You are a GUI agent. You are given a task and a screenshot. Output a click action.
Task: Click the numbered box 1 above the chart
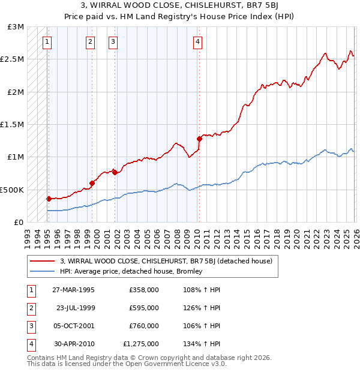tap(47, 41)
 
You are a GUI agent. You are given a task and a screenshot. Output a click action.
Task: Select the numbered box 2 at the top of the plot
tap(90, 41)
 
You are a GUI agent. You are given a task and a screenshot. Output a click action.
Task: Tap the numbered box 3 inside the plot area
tap(113, 41)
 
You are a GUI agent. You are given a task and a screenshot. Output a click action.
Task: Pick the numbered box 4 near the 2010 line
tap(197, 41)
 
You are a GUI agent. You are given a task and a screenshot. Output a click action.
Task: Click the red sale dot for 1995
tap(49, 199)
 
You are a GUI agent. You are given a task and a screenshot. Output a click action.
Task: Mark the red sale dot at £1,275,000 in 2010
tap(199, 139)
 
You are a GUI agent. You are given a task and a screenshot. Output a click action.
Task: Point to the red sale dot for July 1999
tap(92, 183)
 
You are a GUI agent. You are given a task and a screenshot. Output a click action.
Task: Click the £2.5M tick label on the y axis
tap(12, 59)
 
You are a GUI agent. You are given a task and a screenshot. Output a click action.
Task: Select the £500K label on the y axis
tap(12, 190)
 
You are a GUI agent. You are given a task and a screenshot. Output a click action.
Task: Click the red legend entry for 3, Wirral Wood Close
tap(167, 261)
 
